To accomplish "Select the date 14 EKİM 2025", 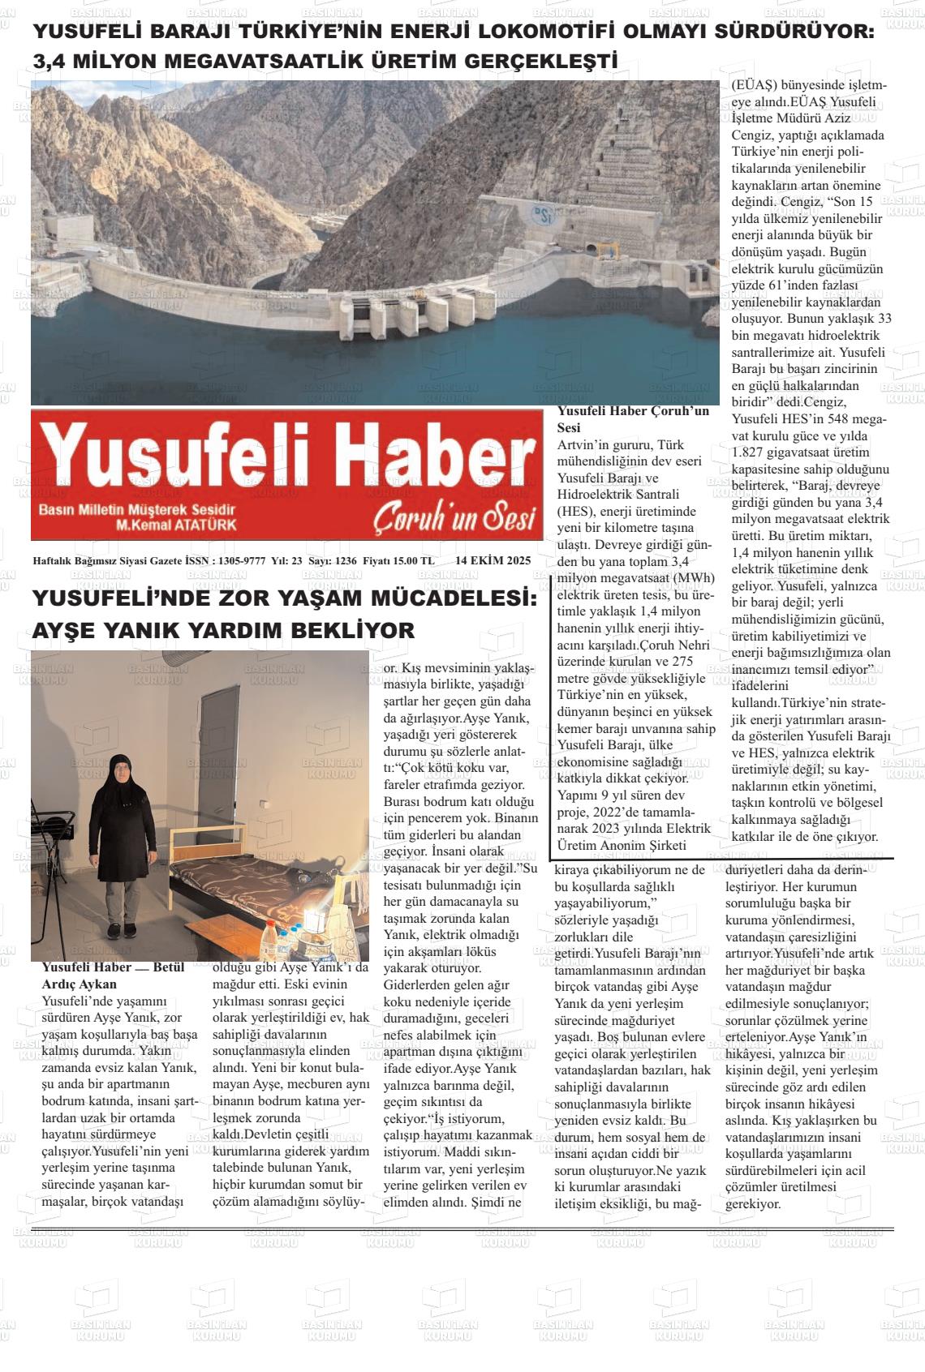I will point(493,560).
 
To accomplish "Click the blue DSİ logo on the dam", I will point(542,214).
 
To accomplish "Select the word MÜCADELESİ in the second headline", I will point(454,599).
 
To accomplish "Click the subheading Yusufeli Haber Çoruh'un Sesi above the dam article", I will point(632,418).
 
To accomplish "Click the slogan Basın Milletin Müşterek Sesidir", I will point(136,509).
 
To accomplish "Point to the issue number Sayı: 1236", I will point(333,560).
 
